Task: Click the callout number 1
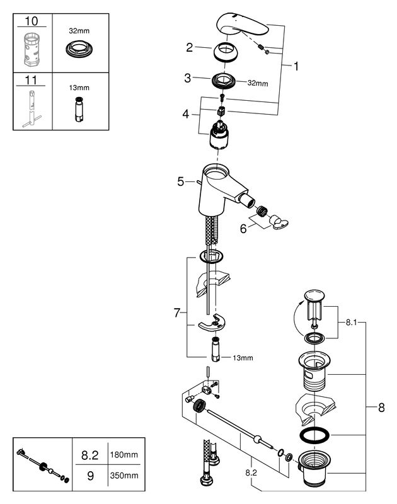[x=296, y=66]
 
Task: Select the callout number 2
[x=190, y=48]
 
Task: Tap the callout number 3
[x=187, y=77]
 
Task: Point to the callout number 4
[x=186, y=114]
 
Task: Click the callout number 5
[x=181, y=181]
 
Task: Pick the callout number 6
[x=243, y=229]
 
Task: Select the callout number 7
[x=177, y=312]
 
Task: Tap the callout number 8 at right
[x=381, y=408]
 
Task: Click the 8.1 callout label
[x=352, y=322]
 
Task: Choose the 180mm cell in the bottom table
[x=124, y=454]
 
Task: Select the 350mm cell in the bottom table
[x=124, y=475]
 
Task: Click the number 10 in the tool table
[x=31, y=21]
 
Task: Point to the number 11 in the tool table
[x=31, y=80]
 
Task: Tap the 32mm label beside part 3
[x=258, y=83]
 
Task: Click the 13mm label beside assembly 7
[x=243, y=358]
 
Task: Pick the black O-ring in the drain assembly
[x=314, y=435]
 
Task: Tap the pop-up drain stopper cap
[x=314, y=295]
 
